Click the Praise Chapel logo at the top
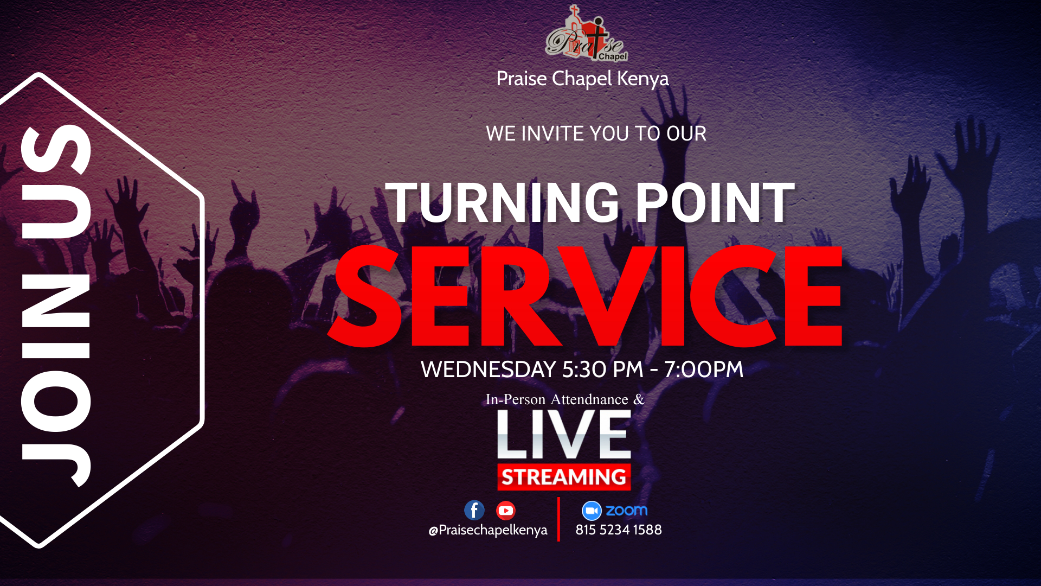coord(587,33)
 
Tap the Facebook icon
coord(474,511)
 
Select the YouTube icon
coord(506,511)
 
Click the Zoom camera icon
coord(592,511)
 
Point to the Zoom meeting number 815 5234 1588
coord(619,530)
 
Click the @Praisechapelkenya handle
coord(488,530)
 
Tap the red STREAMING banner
coord(564,477)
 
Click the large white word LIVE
coord(564,434)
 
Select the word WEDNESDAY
coord(489,370)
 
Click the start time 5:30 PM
coord(602,370)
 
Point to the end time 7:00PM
coord(704,370)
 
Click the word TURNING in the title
coord(502,202)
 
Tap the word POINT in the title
coord(715,202)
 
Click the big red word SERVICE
coord(586,296)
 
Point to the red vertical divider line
coord(558,519)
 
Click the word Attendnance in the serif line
coord(589,399)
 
